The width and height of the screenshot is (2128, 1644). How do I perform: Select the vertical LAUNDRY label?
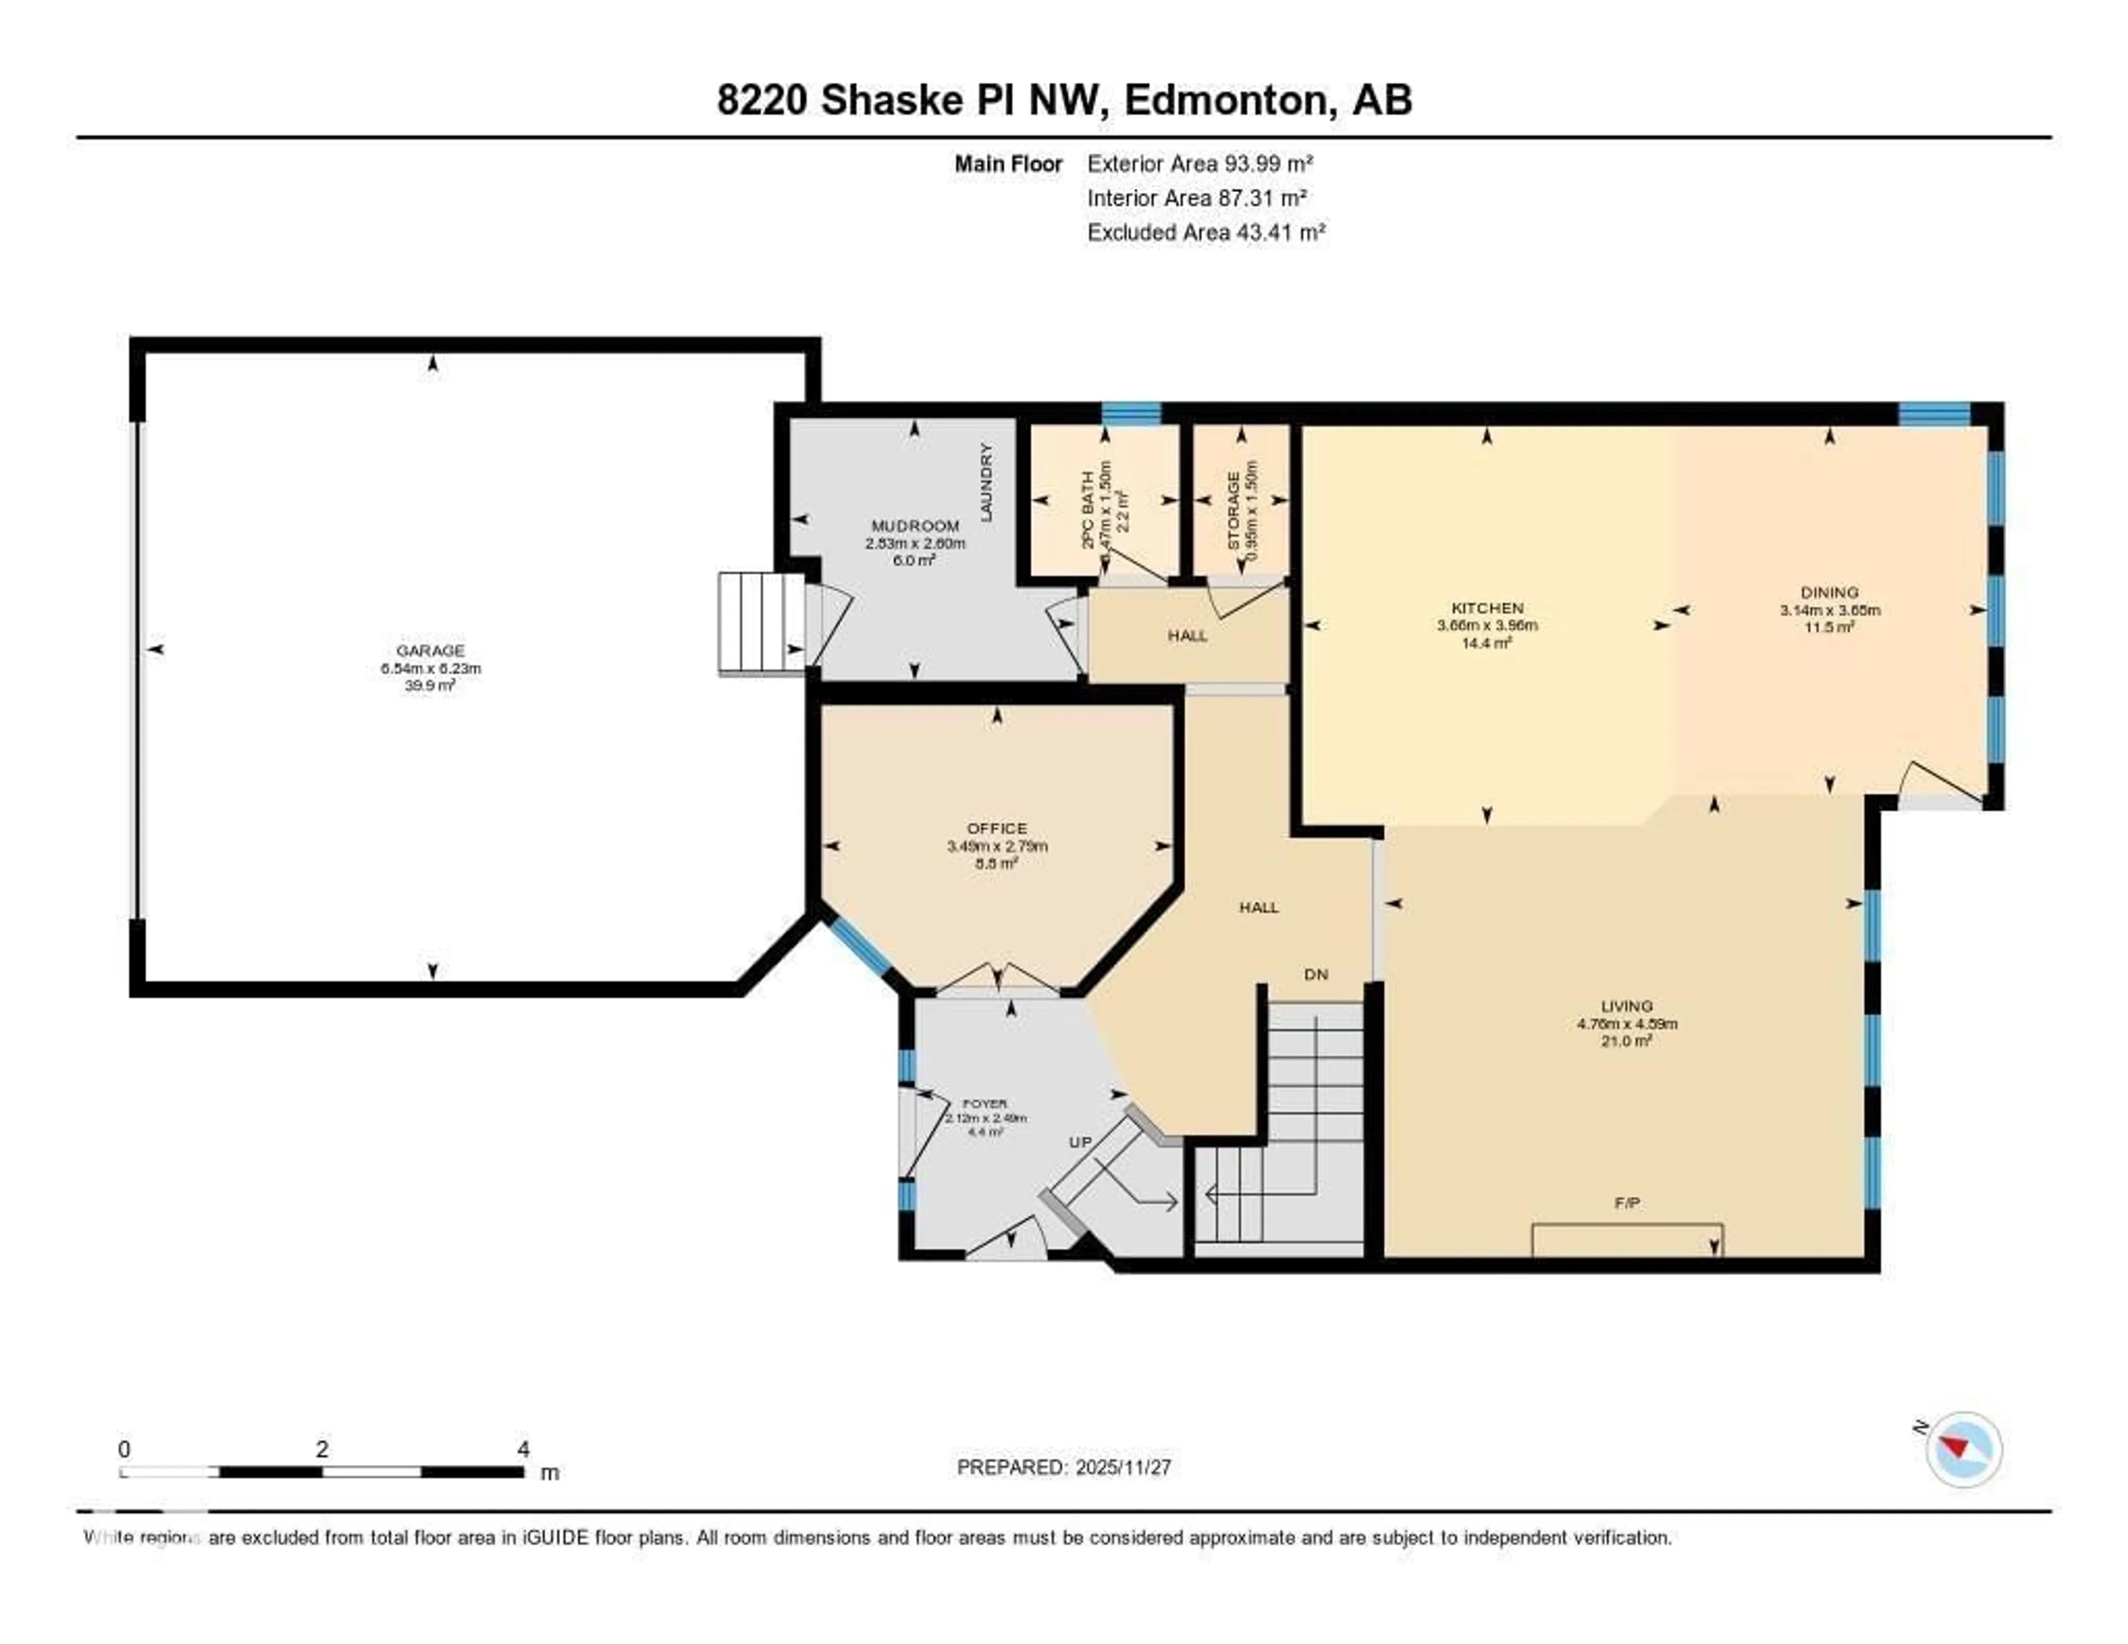pyautogui.click(x=986, y=482)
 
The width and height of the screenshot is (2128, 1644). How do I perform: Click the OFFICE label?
pyautogui.click(x=997, y=828)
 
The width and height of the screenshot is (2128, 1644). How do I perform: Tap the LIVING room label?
pyautogui.click(x=1626, y=1005)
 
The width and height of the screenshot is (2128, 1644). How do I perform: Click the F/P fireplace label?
pyautogui.click(x=1626, y=1203)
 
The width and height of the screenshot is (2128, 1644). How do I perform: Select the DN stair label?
pyautogui.click(x=1316, y=974)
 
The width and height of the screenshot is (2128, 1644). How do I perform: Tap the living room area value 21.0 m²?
pyautogui.click(x=1626, y=1041)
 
